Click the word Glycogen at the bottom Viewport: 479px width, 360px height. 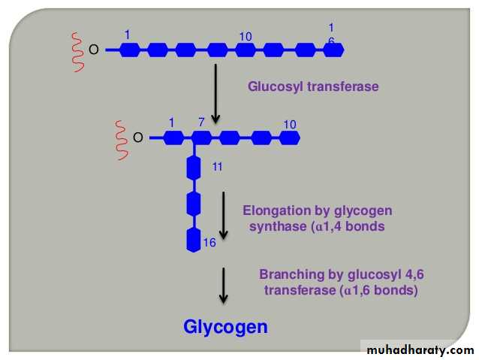click(225, 327)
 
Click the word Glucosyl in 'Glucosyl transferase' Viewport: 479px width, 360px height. click(272, 86)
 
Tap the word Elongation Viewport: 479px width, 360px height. click(275, 210)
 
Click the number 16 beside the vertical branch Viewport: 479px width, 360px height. click(209, 242)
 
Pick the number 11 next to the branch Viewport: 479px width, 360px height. click(217, 166)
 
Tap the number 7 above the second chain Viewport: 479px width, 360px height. click(201, 123)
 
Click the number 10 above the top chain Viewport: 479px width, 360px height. click(246, 36)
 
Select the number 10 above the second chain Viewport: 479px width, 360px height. click(290, 124)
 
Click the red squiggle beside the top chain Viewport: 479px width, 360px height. click(76, 50)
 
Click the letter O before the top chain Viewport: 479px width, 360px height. click(94, 50)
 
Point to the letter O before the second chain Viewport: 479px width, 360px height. click(137, 138)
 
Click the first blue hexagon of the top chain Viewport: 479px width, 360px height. click(130, 50)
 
